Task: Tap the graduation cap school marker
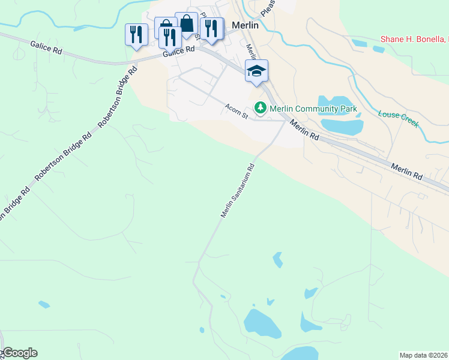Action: tap(256, 71)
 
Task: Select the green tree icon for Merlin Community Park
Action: tap(260, 109)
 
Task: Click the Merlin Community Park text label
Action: tap(313, 109)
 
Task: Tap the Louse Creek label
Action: tap(398, 117)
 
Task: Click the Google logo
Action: tap(19, 353)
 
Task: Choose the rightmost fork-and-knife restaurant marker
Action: tap(211, 28)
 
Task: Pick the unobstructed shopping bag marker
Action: tap(187, 24)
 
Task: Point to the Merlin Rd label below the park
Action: tap(304, 130)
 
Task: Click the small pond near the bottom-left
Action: tap(44, 305)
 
